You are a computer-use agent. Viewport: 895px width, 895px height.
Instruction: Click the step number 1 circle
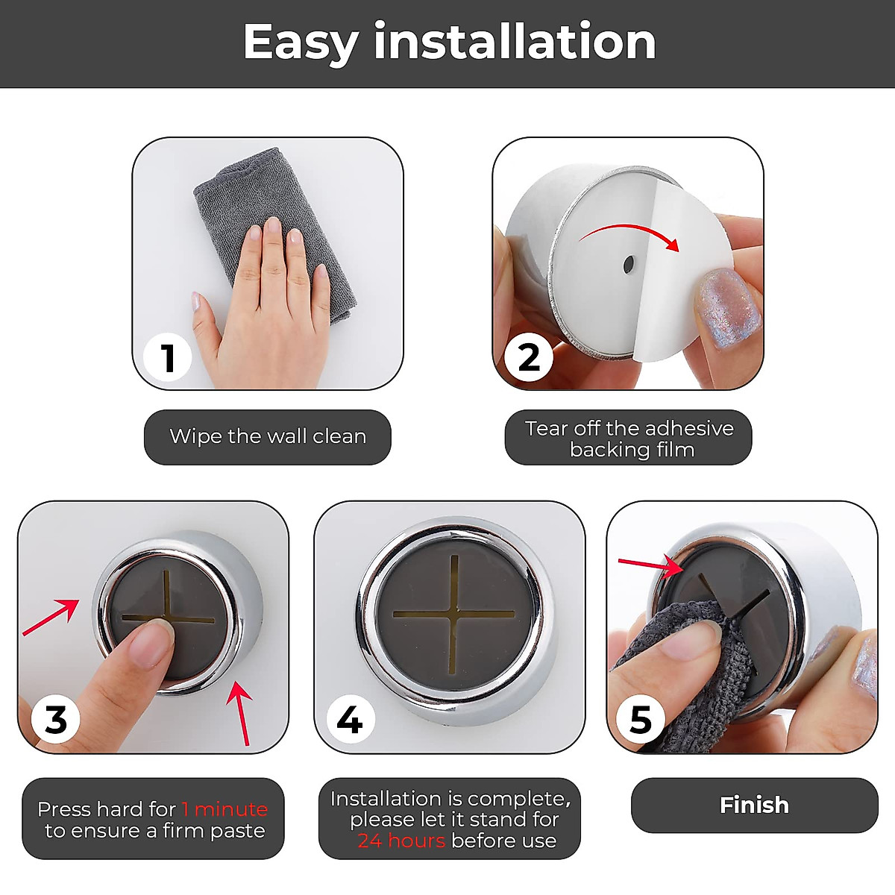[168, 357]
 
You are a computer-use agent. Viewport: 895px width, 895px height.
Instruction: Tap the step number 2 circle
[529, 357]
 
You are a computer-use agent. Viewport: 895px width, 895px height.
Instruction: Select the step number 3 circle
[55, 720]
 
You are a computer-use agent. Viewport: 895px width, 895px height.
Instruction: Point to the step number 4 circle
[349, 720]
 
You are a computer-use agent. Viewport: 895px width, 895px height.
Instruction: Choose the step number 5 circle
[641, 720]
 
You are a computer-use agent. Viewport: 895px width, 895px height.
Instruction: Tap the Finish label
[754, 805]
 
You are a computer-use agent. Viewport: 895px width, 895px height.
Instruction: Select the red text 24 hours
[401, 841]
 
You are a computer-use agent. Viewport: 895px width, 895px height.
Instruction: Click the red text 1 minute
[224, 808]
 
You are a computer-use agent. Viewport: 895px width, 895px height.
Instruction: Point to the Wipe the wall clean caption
[268, 436]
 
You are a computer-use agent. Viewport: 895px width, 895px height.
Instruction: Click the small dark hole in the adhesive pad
[628, 263]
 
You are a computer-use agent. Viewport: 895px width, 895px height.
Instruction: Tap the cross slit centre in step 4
[453, 614]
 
